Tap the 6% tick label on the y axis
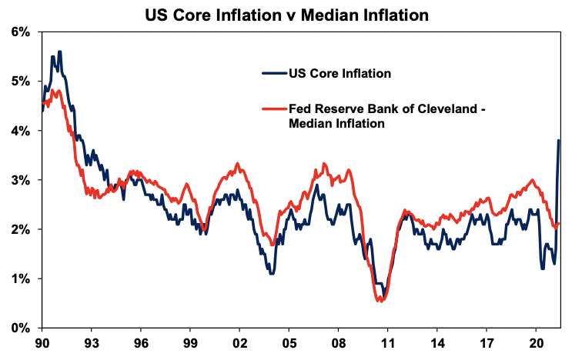[x=18, y=32]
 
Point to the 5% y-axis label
[x=18, y=82]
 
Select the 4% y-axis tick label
[x=18, y=131]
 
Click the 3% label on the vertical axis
[x=18, y=180]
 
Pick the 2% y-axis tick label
[x=18, y=229]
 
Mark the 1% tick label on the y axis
[x=18, y=278]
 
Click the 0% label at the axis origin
[x=18, y=328]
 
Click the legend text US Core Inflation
[x=339, y=74]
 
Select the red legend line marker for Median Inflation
[x=274, y=109]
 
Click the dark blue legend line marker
[x=274, y=74]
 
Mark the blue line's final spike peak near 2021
[x=558, y=140]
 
